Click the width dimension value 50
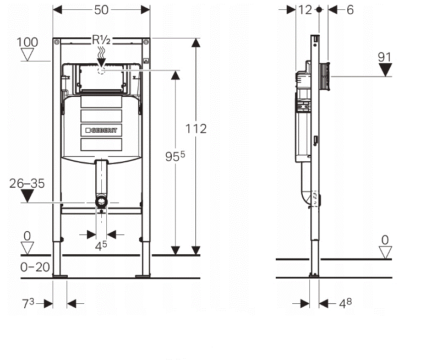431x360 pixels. [101, 10]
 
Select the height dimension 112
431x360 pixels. [196, 129]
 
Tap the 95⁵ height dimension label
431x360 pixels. [174, 157]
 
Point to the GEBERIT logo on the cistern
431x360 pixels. [101, 130]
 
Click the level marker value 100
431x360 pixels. [27, 42]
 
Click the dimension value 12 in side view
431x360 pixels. [304, 10]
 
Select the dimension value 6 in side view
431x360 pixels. [350, 10]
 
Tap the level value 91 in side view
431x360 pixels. [385, 57]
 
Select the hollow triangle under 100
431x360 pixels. [27, 54]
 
